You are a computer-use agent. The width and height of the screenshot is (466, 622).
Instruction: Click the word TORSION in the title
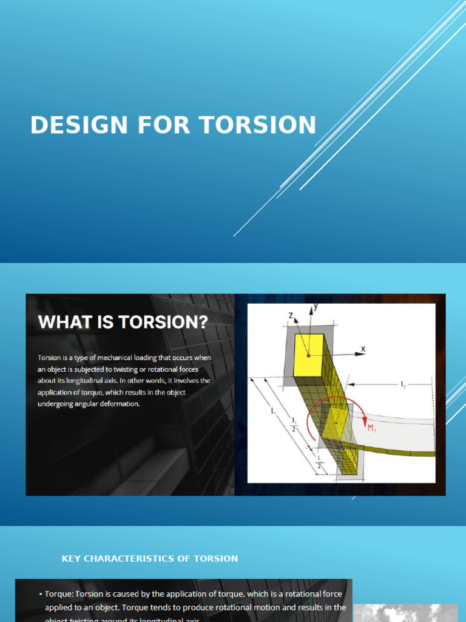click(x=258, y=125)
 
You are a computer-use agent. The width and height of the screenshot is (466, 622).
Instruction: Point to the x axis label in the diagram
click(x=363, y=349)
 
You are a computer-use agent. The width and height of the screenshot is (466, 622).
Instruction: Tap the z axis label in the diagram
click(x=291, y=315)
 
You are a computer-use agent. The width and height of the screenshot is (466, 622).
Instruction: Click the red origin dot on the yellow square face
click(x=309, y=355)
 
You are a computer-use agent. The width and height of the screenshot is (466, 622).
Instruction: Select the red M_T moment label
click(x=372, y=428)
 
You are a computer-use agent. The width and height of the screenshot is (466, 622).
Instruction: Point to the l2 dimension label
click(x=403, y=384)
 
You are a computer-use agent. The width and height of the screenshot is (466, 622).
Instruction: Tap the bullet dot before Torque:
click(x=40, y=594)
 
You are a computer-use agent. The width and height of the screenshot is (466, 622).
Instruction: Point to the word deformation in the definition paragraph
click(x=119, y=403)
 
